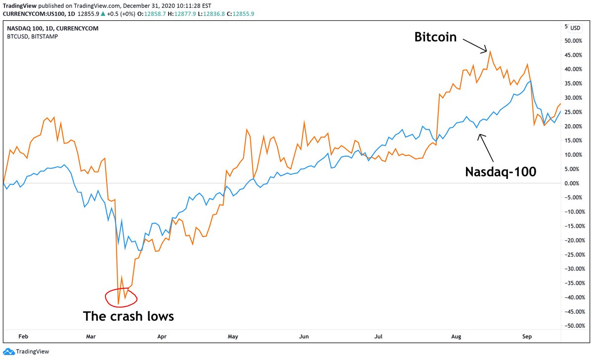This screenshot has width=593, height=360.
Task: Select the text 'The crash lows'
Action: point(128,316)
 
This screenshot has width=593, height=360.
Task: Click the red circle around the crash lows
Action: point(121,297)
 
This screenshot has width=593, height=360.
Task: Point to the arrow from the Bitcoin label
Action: point(473,45)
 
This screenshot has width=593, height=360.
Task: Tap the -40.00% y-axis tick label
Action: point(574,297)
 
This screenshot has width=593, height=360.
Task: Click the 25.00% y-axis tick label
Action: point(575,112)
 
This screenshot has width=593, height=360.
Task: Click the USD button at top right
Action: point(575,28)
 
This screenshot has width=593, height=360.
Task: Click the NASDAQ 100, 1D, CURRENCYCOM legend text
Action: point(52,28)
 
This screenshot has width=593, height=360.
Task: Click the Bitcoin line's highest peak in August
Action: point(489,51)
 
